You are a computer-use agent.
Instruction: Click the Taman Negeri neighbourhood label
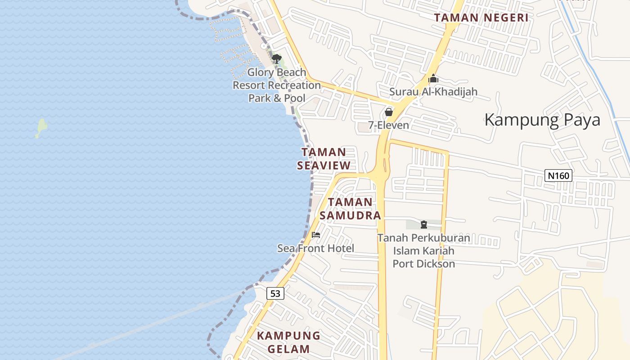[x=481, y=18]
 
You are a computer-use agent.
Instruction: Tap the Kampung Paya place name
[x=542, y=120]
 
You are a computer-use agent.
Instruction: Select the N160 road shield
[x=558, y=175]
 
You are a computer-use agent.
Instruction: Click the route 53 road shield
[x=275, y=294]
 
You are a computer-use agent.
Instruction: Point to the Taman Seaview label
[x=324, y=158]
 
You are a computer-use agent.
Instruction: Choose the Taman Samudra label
[x=350, y=208]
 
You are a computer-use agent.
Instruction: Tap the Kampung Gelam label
[x=288, y=342]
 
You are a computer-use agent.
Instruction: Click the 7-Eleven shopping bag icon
[x=389, y=112]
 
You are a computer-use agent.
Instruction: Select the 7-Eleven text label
[x=389, y=125]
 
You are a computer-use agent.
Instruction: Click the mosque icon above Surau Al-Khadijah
[x=433, y=79]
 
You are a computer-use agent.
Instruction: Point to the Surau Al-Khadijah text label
[x=433, y=92]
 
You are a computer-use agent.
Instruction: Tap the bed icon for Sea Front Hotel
[x=316, y=235]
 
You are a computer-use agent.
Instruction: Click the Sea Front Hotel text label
[x=315, y=248]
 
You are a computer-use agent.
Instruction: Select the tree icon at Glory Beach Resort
[x=277, y=59]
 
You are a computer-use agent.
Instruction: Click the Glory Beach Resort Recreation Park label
[x=277, y=85]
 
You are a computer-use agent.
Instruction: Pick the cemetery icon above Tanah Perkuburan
[x=423, y=224]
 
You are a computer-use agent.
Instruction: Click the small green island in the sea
[x=41, y=128]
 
